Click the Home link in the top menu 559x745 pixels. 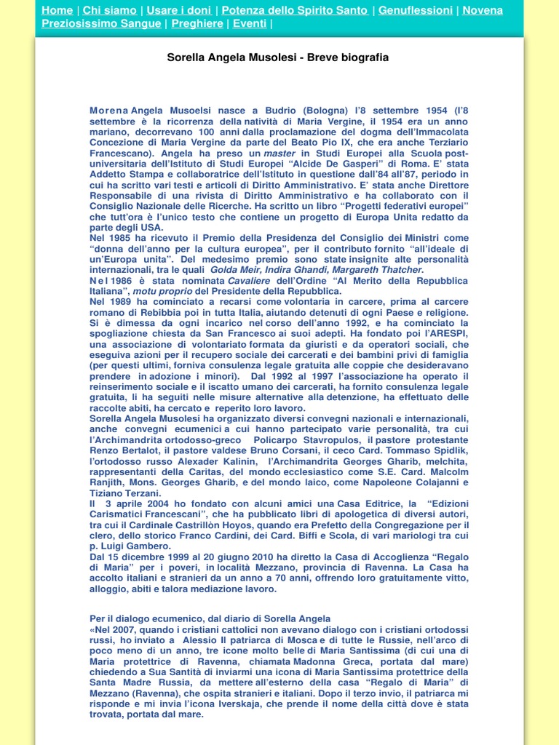tap(57, 10)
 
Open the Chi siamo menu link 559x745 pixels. tap(109, 10)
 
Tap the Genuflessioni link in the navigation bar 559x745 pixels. tap(416, 10)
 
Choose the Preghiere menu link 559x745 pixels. tap(197, 23)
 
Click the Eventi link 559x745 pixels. tap(250, 23)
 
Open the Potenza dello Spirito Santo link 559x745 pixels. tap(295, 10)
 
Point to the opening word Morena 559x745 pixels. tap(108, 111)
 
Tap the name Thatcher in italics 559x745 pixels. tap(400, 270)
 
